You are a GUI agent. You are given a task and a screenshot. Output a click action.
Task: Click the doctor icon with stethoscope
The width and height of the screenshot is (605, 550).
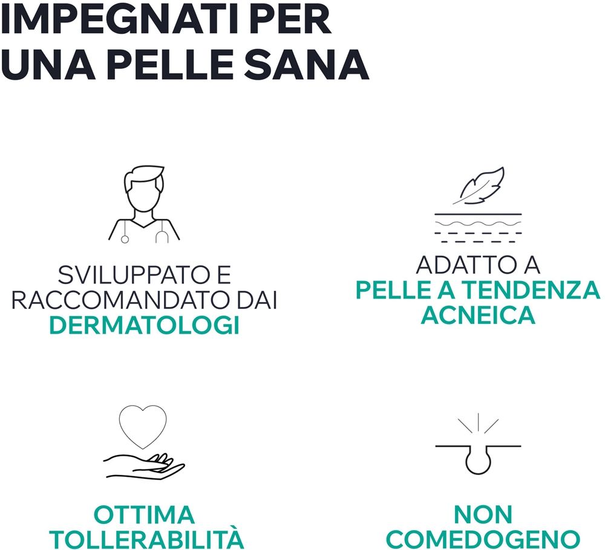click(144, 204)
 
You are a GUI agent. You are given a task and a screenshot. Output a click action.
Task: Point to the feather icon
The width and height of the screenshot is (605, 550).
click(479, 186)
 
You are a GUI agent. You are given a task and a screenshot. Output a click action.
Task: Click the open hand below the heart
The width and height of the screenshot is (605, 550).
click(144, 465)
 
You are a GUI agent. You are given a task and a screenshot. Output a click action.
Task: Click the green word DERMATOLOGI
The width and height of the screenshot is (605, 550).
click(145, 325)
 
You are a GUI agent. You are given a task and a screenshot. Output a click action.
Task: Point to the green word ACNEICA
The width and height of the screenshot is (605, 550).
click(478, 315)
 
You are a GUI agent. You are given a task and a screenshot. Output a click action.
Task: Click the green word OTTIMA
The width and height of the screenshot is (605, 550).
click(144, 514)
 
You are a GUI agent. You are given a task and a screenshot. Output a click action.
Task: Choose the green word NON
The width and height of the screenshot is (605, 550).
click(483, 514)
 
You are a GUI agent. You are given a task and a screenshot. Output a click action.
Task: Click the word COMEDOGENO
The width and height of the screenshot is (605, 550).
click(483, 540)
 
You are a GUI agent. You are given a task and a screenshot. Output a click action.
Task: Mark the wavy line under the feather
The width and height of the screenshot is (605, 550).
click(478, 224)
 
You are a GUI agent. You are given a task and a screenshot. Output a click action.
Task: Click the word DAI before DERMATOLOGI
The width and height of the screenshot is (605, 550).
click(257, 300)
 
